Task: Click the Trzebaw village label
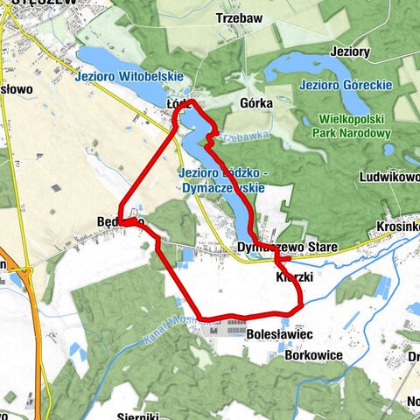coord(240,17)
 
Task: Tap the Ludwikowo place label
coord(389,176)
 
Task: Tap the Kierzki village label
coord(294,276)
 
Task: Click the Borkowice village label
coord(312,356)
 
